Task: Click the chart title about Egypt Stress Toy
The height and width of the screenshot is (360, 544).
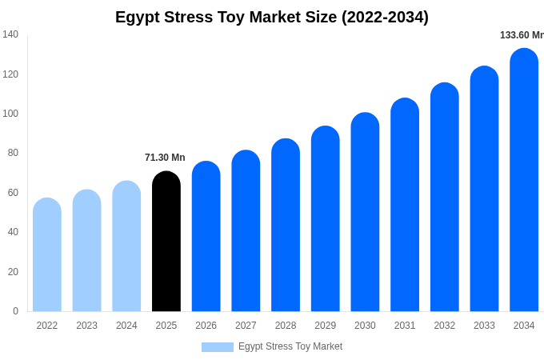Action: tap(272, 17)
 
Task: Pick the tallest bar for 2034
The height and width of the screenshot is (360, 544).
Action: tap(524, 180)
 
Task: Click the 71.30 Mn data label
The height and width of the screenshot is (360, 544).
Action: tap(165, 158)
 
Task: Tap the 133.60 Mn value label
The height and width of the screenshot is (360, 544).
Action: tap(522, 35)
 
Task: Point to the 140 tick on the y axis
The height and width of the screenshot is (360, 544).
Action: tap(10, 34)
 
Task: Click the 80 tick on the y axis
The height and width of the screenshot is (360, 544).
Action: tap(13, 153)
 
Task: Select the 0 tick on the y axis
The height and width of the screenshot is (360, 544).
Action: tap(15, 311)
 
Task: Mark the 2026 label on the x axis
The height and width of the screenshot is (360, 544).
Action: tap(206, 326)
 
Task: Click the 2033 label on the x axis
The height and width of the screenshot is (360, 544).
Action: tap(484, 326)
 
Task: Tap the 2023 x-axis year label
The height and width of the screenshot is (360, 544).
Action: tap(86, 326)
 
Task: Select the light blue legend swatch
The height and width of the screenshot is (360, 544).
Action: tap(218, 347)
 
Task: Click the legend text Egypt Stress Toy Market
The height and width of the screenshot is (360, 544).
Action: tap(290, 346)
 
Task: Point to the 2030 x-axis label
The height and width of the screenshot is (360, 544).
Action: tap(365, 326)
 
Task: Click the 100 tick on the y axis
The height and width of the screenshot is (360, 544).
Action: tap(10, 114)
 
